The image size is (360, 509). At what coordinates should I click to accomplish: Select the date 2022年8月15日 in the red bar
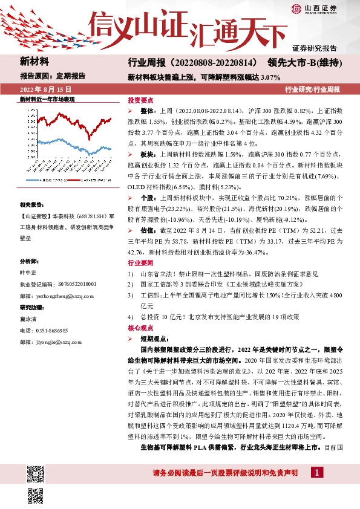coord(42,89)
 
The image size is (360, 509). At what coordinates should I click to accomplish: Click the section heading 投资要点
coord(140,100)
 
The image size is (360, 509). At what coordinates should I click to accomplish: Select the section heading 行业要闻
coord(140,264)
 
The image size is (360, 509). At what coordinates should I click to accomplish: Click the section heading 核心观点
coord(140,327)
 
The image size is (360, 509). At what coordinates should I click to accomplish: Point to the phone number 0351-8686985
coord(53,330)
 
